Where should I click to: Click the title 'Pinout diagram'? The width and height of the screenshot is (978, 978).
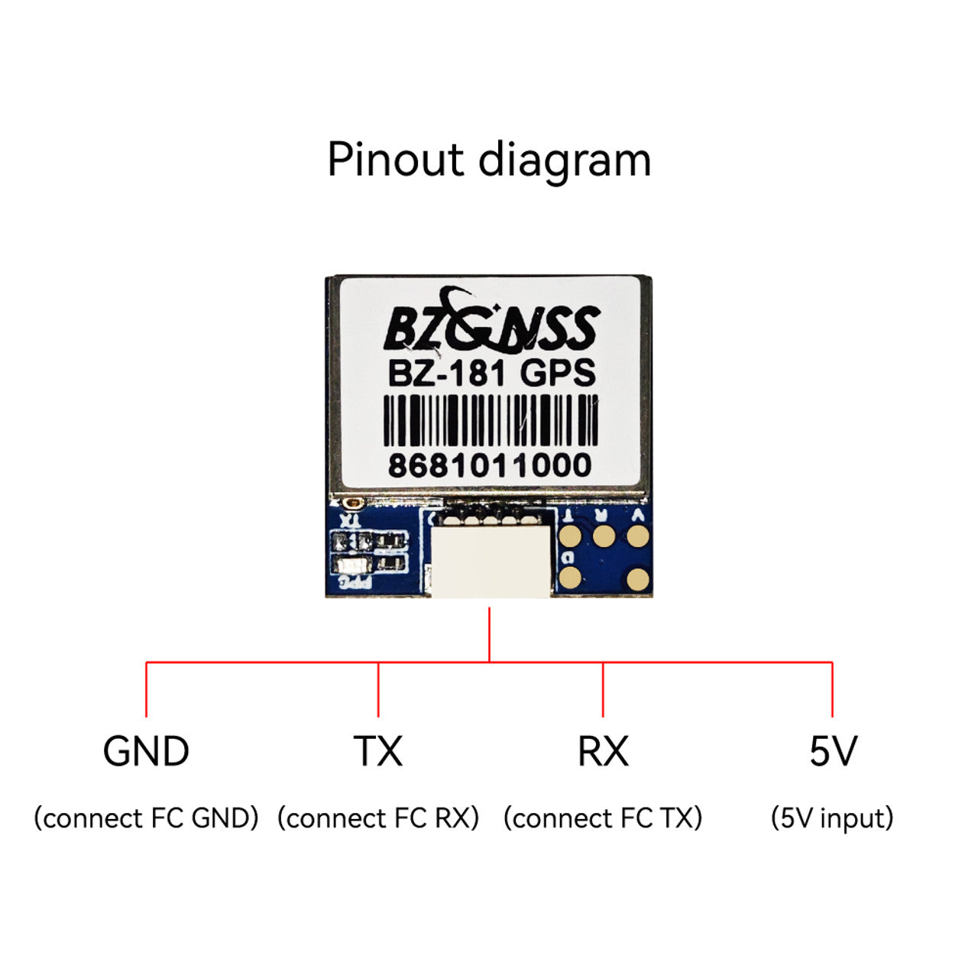click(x=489, y=160)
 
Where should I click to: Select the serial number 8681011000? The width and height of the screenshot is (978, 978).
click(x=490, y=465)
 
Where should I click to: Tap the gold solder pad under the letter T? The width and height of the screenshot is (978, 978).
click(x=570, y=536)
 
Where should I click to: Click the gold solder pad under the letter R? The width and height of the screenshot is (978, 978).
click(x=604, y=536)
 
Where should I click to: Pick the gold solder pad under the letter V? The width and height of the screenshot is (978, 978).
click(x=637, y=536)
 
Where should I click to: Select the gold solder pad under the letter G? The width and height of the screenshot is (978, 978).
click(x=570, y=578)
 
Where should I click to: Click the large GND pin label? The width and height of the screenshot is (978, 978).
click(x=146, y=752)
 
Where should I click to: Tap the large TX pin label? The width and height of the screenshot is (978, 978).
click(x=377, y=752)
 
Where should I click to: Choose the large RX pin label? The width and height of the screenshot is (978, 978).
click(x=603, y=752)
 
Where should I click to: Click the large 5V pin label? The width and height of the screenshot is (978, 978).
click(x=833, y=752)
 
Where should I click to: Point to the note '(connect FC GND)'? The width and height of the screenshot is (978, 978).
click(x=146, y=818)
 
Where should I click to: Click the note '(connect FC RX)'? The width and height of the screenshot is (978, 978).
click(x=378, y=818)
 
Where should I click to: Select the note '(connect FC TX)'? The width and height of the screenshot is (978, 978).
click(x=603, y=818)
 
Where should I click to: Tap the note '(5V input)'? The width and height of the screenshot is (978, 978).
click(x=832, y=818)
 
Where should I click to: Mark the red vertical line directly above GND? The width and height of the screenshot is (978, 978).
click(x=146, y=689)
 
